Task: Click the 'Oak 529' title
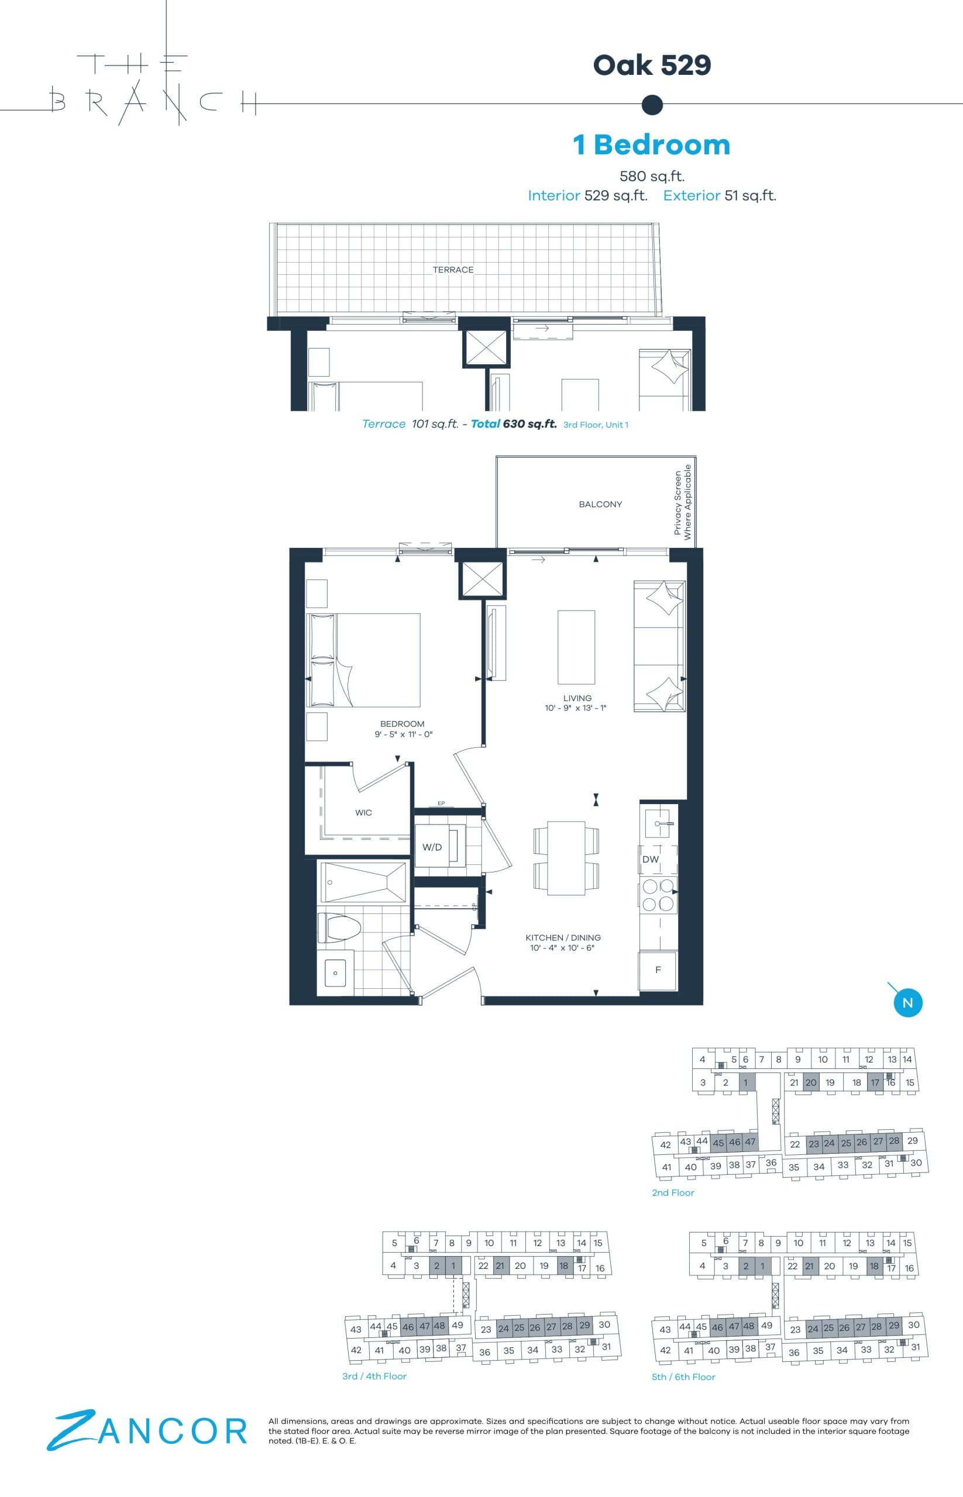[x=652, y=65]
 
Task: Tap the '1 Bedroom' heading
[x=652, y=144]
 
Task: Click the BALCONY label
[x=600, y=505]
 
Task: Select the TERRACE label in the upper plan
[x=453, y=270]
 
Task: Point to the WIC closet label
[x=363, y=813]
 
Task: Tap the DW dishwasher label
[x=651, y=859]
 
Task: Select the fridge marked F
[x=658, y=970]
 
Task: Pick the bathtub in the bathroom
[x=363, y=882]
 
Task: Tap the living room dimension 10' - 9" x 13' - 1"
[x=575, y=708]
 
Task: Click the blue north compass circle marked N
[x=907, y=1003]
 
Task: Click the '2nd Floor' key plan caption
[x=673, y=1192]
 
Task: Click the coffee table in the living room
[x=576, y=647]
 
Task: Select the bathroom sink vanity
[x=335, y=972]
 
